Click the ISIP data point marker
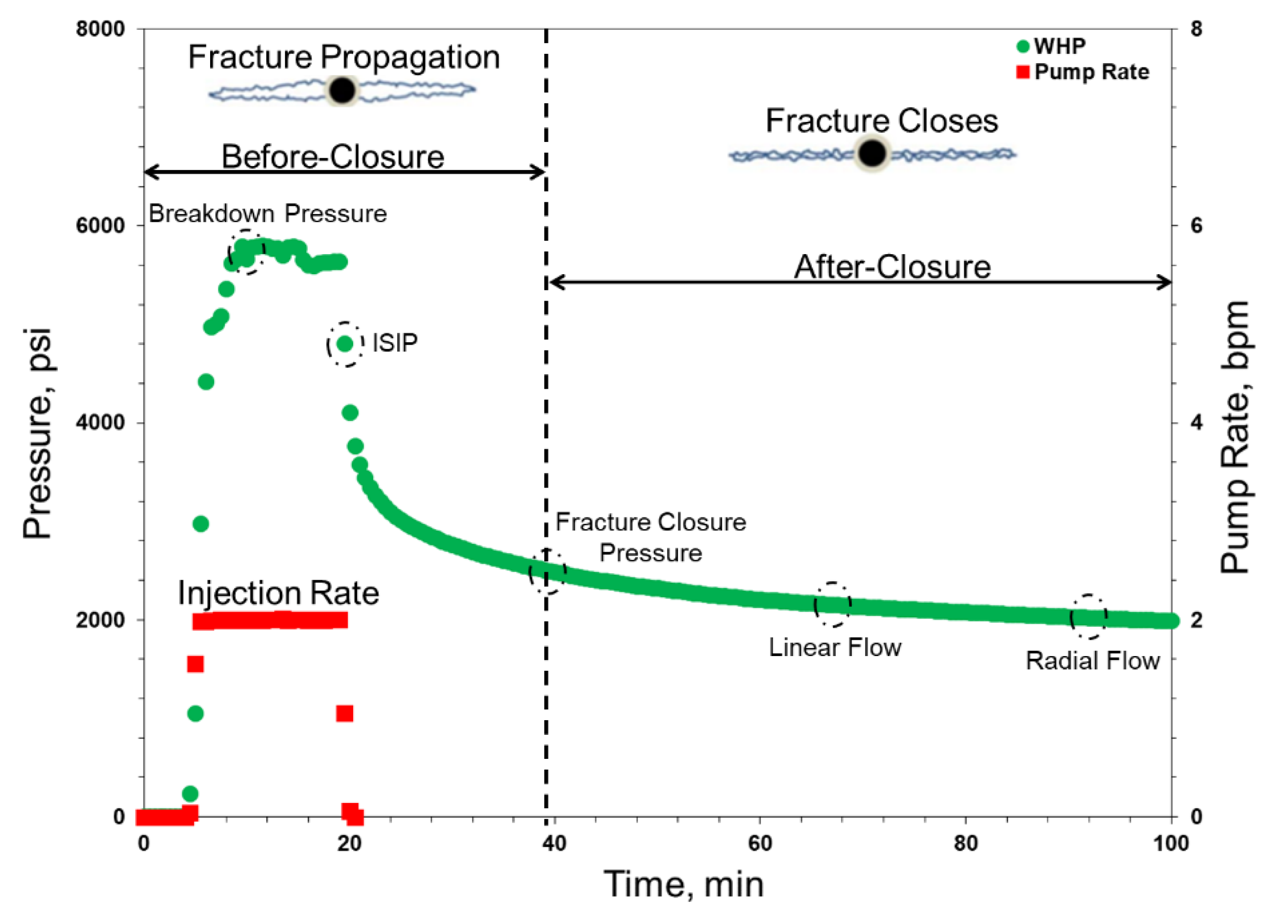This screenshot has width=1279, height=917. pos(344,344)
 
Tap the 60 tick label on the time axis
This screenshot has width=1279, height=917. pos(760,844)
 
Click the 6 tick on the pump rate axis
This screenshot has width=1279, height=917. pos(1196,225)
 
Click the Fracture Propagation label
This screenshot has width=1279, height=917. pos(344,57)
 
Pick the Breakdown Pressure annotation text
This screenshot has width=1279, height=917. pos(268,213)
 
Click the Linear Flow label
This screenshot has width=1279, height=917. pos(835,647)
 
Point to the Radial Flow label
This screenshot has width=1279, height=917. pos(1092,660)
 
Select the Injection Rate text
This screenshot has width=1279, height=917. pos(279,593)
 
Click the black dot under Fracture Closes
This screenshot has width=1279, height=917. pos(872,153)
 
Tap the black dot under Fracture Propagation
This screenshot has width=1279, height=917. pos(342,90)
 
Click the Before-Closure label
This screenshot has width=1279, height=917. pos(333,156)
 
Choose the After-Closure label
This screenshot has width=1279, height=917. pos(892,267)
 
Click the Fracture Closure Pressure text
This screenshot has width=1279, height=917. pos(651,537)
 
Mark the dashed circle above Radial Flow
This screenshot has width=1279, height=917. pos(1088,617)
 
